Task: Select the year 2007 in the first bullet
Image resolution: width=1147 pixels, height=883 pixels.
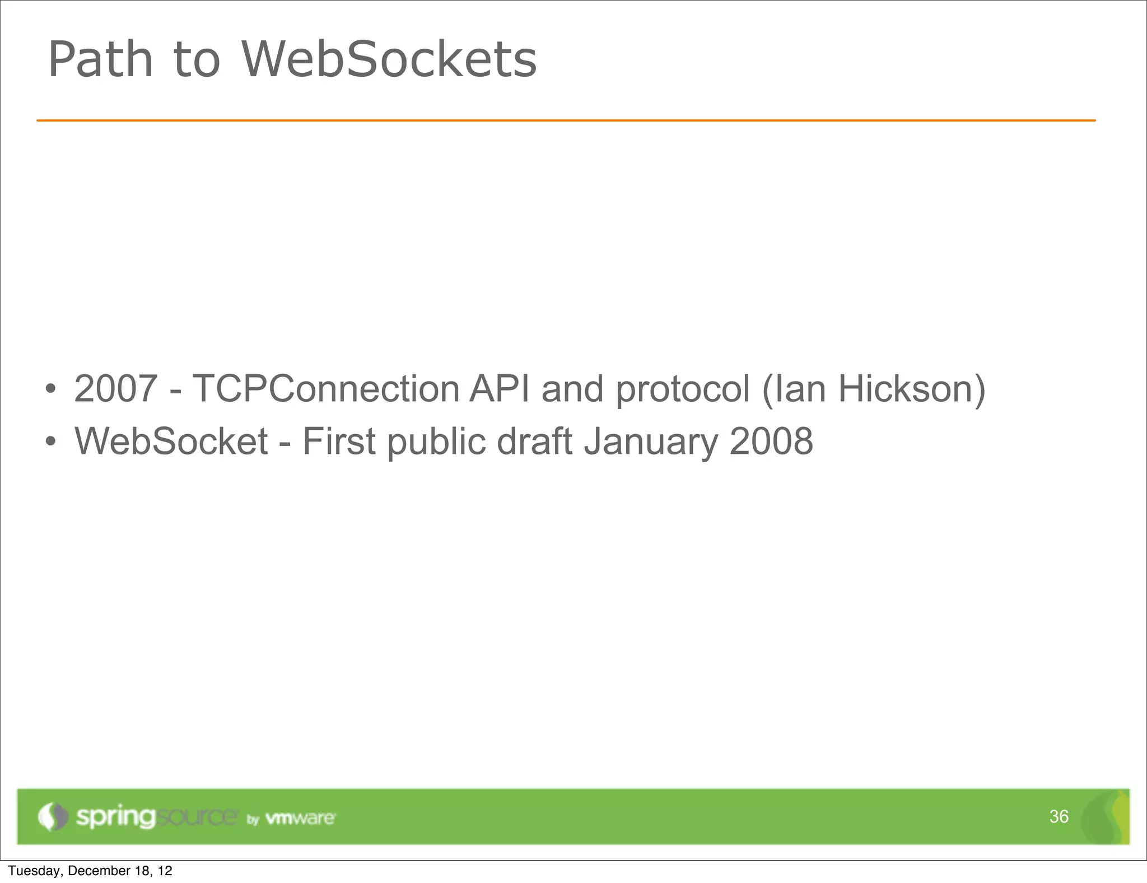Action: tap(115, 389)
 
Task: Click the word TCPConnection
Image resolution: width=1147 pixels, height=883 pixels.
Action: tap(326, 389)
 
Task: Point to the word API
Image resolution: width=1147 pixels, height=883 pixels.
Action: tap(500, 389)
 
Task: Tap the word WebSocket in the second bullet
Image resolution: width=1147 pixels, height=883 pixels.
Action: tap(171, 441)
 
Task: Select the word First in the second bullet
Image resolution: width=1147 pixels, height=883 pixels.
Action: tap(339, 441)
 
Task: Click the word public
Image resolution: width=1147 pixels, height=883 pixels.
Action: tap(436, 442)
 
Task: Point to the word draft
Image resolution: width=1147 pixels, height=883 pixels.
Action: tap(535, 441)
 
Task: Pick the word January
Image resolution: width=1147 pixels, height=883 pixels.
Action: tap(651, 442)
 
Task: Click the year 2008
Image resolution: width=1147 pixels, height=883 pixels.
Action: tap(771, 441)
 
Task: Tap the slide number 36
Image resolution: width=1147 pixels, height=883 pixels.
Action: tap(1059, 816)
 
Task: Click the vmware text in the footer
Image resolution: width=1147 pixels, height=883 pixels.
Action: tap(300, 818)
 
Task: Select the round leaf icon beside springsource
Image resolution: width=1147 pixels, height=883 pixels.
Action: tap(53, 816)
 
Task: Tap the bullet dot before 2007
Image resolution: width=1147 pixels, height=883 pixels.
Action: tap(50, 389)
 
